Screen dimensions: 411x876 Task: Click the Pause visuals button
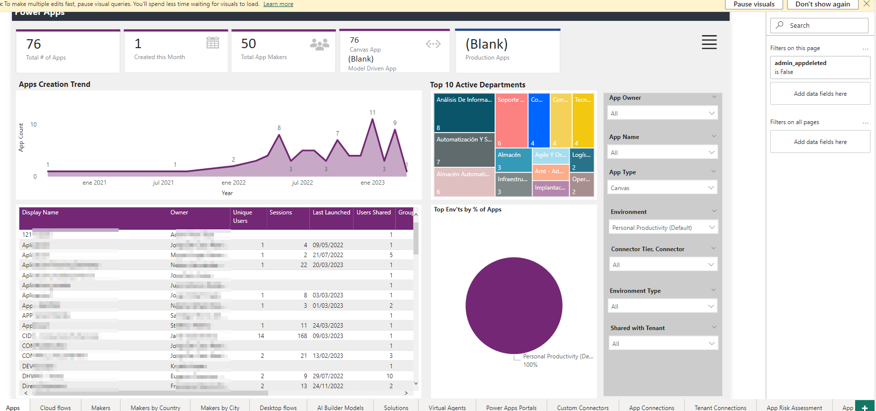(753, 4)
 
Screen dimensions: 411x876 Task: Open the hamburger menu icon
(709, 42)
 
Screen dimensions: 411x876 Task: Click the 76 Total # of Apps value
(34, 44)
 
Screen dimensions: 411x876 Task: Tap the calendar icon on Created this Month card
(213, 43)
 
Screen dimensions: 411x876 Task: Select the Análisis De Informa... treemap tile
(464, 112)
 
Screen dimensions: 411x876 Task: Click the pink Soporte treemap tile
(511, 120)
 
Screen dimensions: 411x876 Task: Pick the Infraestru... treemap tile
(513, 184)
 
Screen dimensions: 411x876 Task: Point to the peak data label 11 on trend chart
(372, 113)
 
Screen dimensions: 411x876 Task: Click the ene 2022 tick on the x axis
(233, 183)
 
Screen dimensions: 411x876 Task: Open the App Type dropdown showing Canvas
(662, 188)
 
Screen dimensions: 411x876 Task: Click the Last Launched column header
(331, 212)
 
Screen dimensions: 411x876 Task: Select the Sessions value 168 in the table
(302, 336)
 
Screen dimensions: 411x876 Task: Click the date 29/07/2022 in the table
(328, 376)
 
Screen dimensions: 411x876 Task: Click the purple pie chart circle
(513, 305)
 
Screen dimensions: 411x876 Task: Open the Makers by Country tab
(155, 408)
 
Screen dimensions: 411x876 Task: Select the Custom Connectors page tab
(583, 408)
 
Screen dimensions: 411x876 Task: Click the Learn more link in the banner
(278, 4)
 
